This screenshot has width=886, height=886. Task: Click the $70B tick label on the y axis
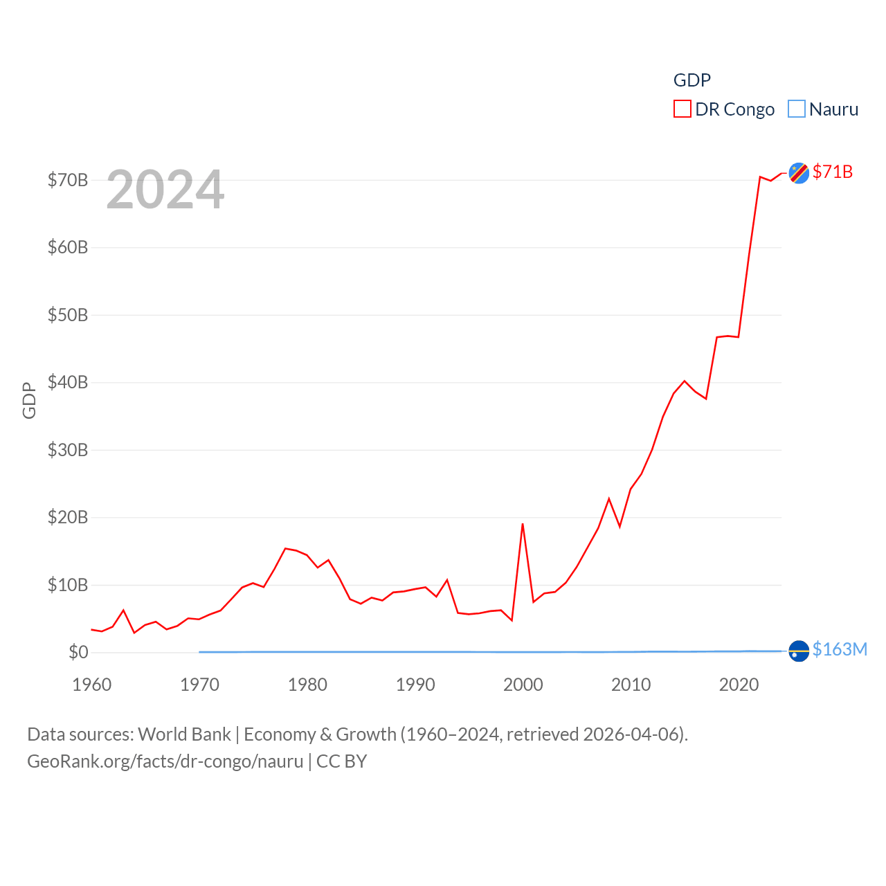(68, 180)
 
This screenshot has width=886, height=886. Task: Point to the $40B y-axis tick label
(68, 382)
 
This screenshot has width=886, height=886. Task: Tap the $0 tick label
(78, 652)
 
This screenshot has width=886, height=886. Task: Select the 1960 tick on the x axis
(92, 685)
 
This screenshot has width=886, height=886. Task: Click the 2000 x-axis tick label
(523, 685)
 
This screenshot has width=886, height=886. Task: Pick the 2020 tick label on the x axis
(739, 685)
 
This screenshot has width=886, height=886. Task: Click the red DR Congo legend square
(682, 109)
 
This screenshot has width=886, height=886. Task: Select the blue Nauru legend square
(797, 109)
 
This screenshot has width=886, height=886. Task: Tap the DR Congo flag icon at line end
(799, 173)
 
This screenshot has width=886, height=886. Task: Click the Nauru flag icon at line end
(799, 651)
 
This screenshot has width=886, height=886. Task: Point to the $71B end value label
(833, 172)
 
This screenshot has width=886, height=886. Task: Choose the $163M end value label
(840, 649)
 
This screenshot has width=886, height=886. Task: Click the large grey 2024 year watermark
(165, 190)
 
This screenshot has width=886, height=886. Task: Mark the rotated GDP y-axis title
(29, 400)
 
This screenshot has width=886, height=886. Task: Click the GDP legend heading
(692, 80)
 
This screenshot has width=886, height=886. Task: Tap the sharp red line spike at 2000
(523, 524)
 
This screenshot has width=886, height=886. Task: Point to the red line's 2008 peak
(609, 498)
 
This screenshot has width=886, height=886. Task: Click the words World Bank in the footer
(184, 734)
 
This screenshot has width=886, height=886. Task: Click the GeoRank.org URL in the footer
(165, 761)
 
